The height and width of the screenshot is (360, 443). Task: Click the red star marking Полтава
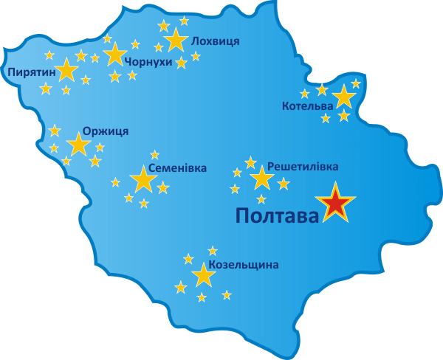click(336, 203)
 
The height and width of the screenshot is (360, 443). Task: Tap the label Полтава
click(278, 215)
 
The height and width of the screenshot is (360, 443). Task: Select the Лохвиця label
click(215, 41)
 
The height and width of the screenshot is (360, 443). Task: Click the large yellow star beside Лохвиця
click(176, 40)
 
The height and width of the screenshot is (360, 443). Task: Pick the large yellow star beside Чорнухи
click(115, 55)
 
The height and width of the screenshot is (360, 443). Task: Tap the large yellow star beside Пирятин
click(66, 69)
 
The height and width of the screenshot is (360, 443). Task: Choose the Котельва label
click(307, 107)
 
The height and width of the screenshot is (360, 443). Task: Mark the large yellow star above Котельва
click(343, 97)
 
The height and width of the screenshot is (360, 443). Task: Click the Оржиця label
click(106, 131)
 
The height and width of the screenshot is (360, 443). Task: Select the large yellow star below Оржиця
click(78, 144)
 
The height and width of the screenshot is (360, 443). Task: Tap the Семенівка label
click(177, 168)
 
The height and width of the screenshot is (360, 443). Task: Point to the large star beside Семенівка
click(142, 179)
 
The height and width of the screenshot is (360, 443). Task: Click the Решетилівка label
click(303, 167)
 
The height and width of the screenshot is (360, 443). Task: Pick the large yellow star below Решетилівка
click(261, 178)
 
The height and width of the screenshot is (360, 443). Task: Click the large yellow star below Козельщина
click(203, 276)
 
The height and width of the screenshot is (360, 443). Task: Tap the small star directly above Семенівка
click(154, 155)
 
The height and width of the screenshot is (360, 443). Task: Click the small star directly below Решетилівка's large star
click(261, 199)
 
